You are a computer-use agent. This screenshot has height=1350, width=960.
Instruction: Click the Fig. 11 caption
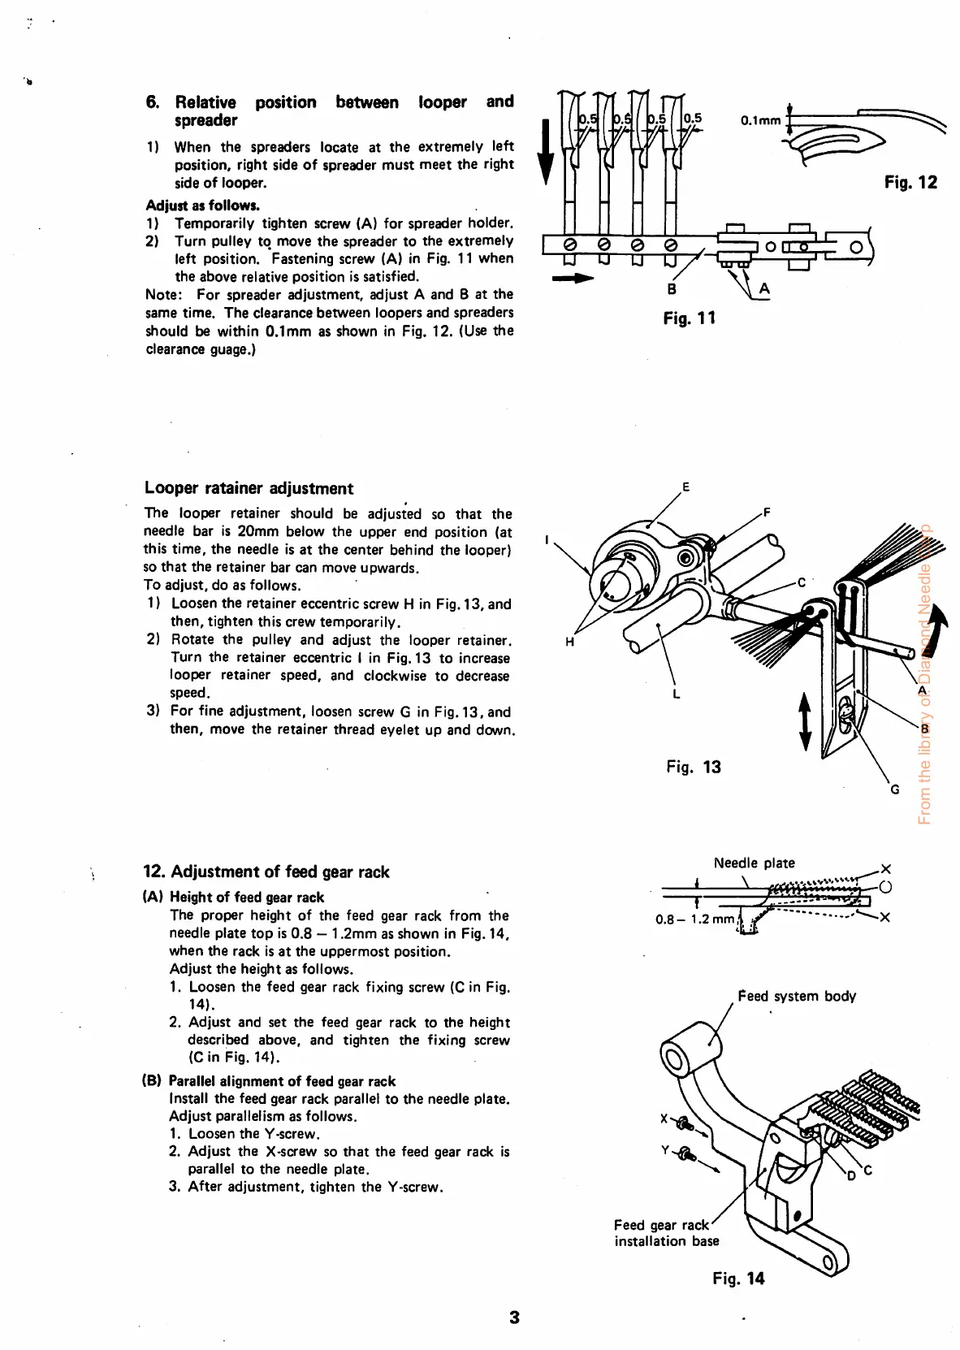[689, 318]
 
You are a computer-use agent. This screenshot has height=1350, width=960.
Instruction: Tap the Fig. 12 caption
[910, 183]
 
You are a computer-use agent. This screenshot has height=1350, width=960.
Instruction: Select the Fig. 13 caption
[693, 767]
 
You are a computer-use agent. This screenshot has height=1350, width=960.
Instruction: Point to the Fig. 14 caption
[738, 1278]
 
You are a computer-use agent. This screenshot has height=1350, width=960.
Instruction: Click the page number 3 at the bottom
[513, 1318]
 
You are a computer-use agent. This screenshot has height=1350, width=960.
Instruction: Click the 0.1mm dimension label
[760, 121]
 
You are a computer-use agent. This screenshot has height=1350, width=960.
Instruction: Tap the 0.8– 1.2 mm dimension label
[694, 919]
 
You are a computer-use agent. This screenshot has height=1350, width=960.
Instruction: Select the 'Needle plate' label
[754, 863]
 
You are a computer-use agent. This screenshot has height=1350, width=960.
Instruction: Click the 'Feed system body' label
[796, 996]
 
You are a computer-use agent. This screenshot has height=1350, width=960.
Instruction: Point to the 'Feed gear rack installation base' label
[666, 1232]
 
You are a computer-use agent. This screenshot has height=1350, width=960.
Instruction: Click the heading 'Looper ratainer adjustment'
[249, 488]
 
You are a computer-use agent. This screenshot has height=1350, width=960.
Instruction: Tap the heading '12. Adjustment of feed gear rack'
[266, 872]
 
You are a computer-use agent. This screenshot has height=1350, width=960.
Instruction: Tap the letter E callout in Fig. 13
[685, 487]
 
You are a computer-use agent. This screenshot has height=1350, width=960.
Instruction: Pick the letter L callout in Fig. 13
[676, 694]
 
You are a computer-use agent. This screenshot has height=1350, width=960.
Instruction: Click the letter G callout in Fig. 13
[894, 789]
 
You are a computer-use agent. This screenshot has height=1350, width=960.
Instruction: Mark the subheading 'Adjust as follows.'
[202, 206]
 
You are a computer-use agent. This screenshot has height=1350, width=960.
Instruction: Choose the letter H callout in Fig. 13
[569, 642]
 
